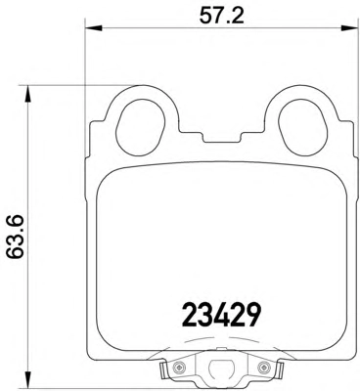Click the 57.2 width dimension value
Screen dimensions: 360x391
click(222, 15)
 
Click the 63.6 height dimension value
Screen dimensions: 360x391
click(16, 237)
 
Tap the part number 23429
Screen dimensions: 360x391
click(222, 315)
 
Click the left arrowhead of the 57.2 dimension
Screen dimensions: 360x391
click(94, 28)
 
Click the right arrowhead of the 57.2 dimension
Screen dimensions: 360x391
click(349, 28)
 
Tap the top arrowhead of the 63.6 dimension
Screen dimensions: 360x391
click(28, 95)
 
